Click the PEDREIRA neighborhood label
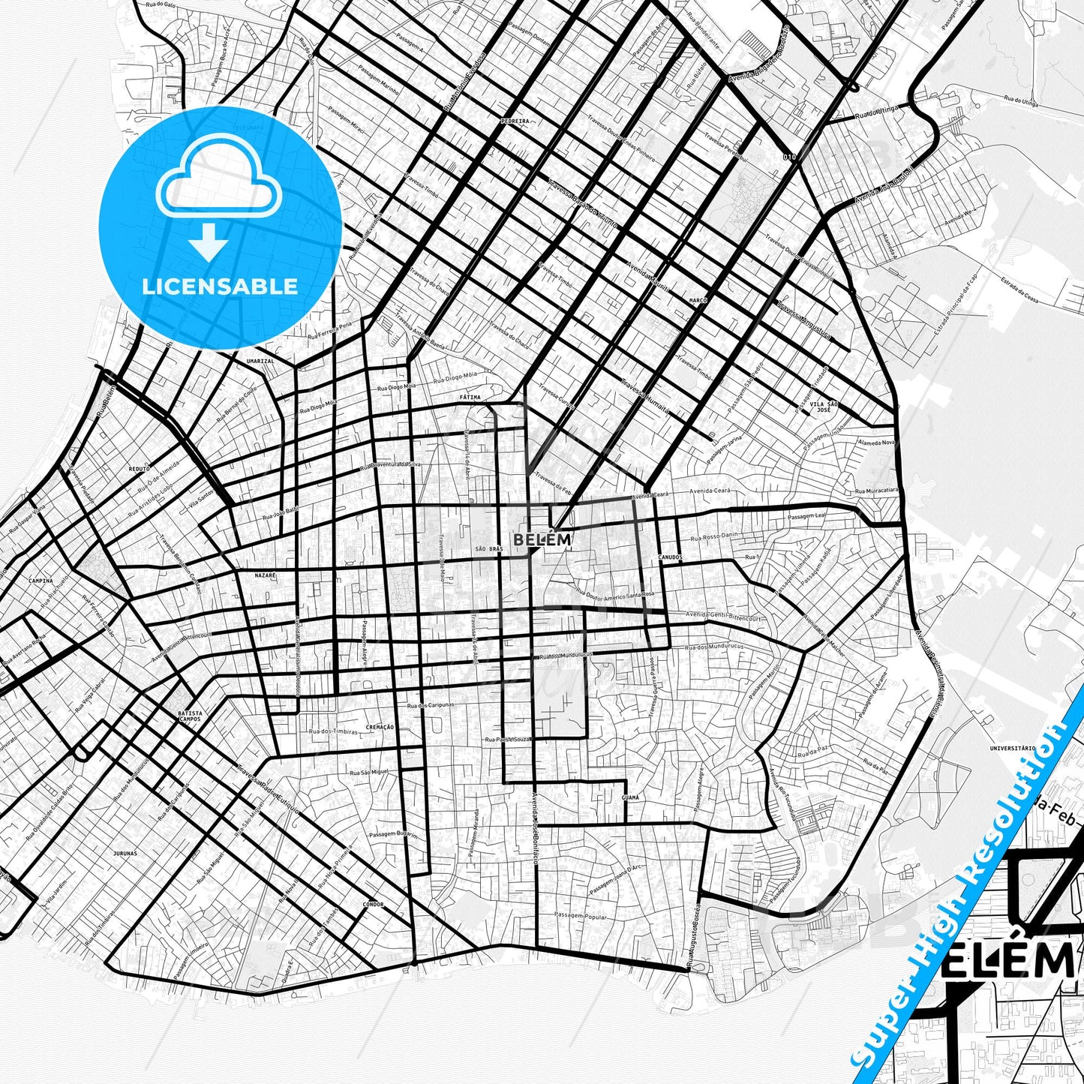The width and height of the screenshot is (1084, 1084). [515, 121]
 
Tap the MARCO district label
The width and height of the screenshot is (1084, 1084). [698, 300]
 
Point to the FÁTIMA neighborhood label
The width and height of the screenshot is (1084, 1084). [470, 397]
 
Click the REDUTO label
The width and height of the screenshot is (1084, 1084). [139, 468]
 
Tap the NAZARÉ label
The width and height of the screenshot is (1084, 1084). [266, 575]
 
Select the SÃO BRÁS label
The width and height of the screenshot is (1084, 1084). [488, 549]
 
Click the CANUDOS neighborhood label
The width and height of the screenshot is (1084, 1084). [670, 557]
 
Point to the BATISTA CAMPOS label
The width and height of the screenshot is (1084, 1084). [190, 716]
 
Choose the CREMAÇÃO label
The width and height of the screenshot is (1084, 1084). [380, 727]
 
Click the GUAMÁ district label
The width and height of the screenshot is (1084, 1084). [630, 797]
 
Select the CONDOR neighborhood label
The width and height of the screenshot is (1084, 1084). [373, 905]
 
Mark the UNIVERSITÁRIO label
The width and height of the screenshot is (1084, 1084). [1013, 748]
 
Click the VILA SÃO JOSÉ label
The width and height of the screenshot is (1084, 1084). [823, 407]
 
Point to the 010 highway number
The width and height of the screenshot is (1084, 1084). [788, 157]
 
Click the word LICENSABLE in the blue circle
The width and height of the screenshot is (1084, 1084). [220, 287]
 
